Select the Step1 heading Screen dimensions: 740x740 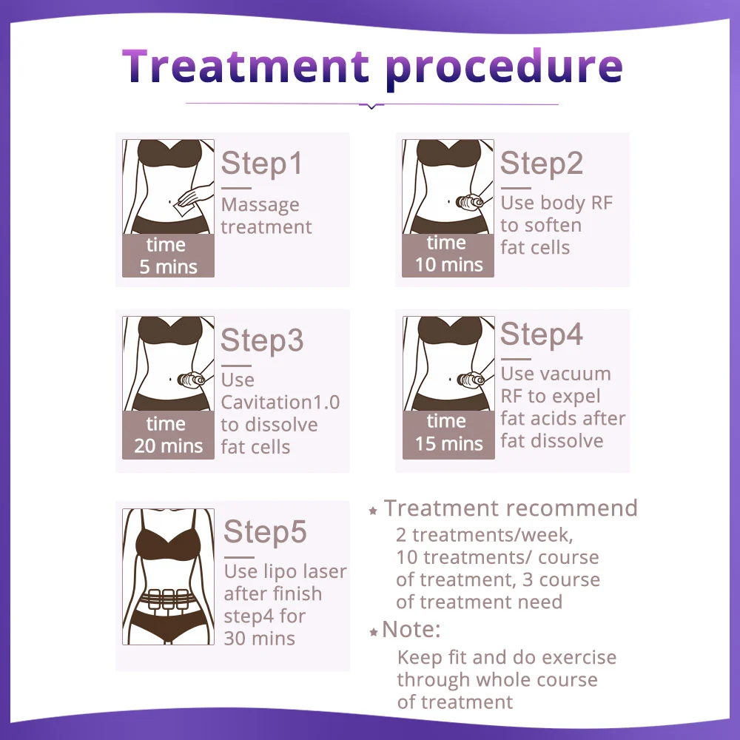click(261, 164)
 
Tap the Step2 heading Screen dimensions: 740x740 click(542, 164)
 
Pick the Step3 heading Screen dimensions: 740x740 click(262, 340)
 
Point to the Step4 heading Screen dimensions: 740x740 click(542, 334)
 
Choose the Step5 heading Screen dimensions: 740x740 click(265, 532)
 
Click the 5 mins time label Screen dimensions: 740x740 click(169, 267)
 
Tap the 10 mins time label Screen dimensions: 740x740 click(449, 265)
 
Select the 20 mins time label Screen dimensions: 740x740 click(169, 446)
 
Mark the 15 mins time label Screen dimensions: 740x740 click(449, 443)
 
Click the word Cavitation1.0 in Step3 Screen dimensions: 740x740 click(280, 402)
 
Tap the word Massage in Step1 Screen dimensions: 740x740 click(260, 205)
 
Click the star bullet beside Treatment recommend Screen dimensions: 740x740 click(373, 511)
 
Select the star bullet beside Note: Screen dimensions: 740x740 click(373, 632)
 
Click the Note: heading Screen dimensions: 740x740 click(411, 629)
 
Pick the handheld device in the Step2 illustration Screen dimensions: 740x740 click(469, 203)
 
